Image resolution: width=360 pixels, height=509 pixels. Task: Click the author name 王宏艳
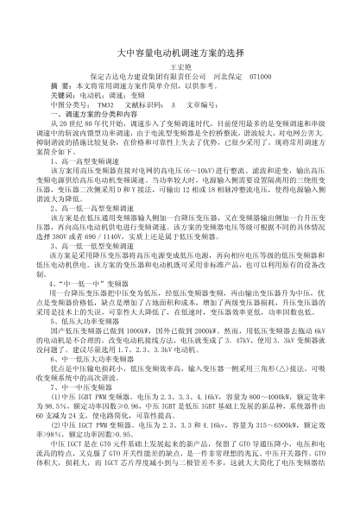(x=180, y=66)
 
